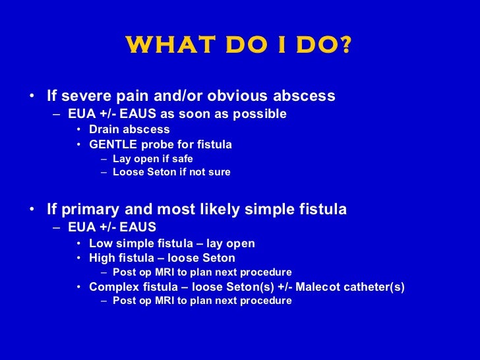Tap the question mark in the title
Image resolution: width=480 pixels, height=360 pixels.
coord(346,46)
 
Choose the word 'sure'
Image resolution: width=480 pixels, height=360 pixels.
coord(218,173)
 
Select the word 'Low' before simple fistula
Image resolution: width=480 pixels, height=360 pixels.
coord(100,243)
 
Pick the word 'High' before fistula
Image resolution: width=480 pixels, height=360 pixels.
coord(102,258)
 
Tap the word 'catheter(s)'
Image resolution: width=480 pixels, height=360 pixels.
coord(375,287)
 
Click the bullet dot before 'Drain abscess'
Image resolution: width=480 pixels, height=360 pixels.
coord(78,130)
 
